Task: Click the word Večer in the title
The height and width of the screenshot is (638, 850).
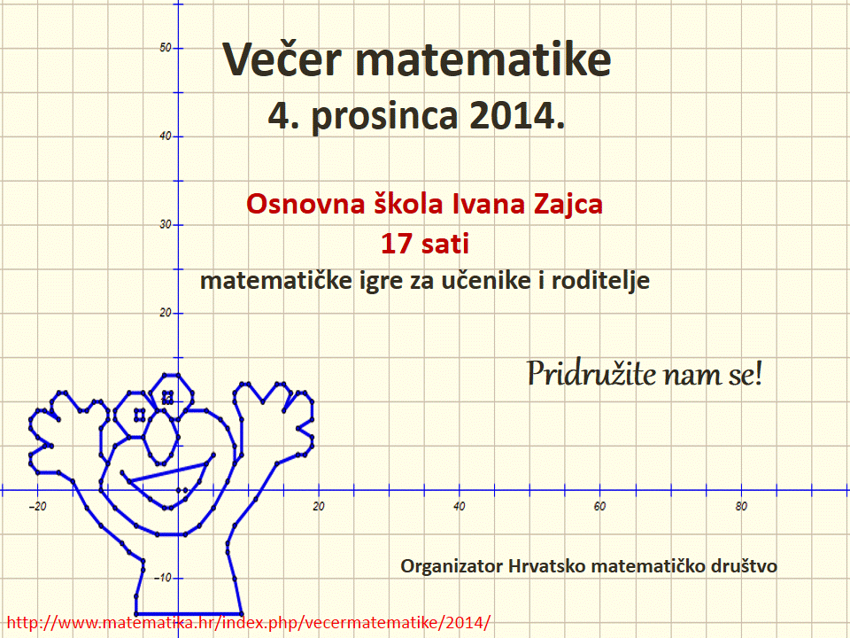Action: pyautogui.click(x=282, y=58)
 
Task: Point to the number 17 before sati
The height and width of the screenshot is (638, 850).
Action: pyautogui.click(x=397, y=244)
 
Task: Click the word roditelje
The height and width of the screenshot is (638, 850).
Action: pyautogui.click(x=600, y=281)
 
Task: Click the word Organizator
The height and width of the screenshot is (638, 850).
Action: pyautogui.click(x=452, y=567)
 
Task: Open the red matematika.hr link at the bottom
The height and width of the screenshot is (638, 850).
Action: pyautogui.click(x=248, y=622)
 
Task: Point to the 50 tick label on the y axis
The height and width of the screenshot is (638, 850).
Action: pyautogui.click(x=165, y=48)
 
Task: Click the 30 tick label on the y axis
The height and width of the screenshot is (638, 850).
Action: pyautogui.click(x=165, y=224)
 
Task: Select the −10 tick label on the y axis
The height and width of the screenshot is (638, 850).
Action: pyautogui.click(x=163, y=578)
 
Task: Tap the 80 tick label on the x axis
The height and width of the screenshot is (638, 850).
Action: pyautogui.click(x=741, y=507)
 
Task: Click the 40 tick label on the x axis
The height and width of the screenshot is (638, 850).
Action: pyautogui.click(x=460, y=507)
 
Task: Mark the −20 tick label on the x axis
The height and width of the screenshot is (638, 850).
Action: pyautogui.click(x=37, y=507)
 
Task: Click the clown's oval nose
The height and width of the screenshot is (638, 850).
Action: pyautogui.click(x=161, y=437)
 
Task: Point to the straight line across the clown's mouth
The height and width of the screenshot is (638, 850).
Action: pyautogui.click(x=168, y=472)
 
